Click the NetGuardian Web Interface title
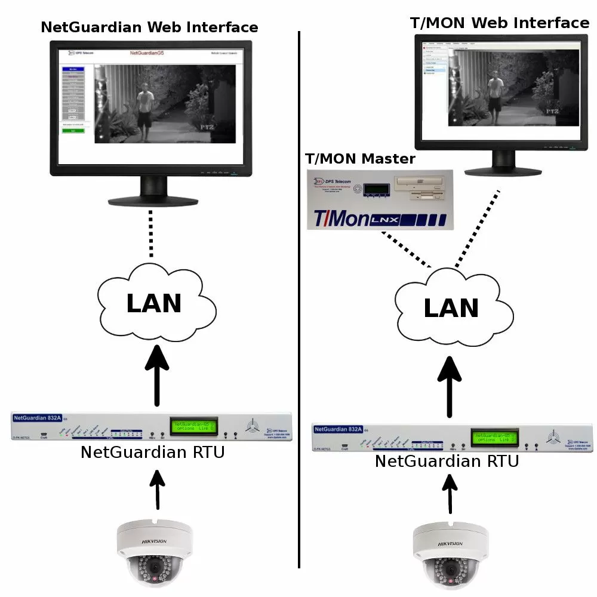coord(149,27)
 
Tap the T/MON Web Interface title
coord(499,23)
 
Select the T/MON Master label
coord(359,159)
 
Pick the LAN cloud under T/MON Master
coord(451,308)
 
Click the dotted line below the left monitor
coord(152,234)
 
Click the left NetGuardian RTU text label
coord(153,452)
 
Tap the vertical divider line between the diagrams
coord(298,298)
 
